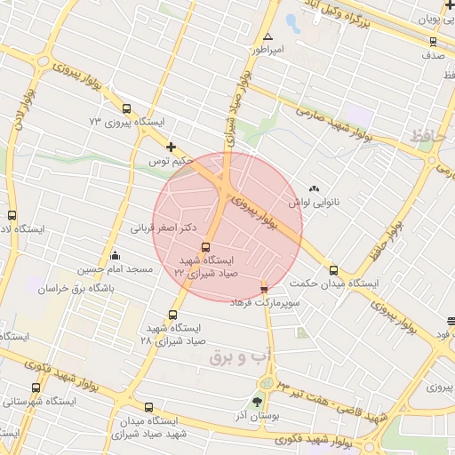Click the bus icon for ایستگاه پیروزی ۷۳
tap(125, 110)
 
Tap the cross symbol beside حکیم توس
tap(171, 147)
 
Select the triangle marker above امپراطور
tap(268, 36)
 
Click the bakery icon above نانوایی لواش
tap(313, 188)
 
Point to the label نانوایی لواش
tap(317, 203)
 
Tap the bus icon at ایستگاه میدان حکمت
tap(333, 270)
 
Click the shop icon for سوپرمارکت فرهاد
tap(263, 288)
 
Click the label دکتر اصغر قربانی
tap(164, 227)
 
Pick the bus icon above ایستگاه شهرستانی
tap(36, 387)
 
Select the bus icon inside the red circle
tap(206, 247)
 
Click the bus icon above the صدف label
tap(433, 41)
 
